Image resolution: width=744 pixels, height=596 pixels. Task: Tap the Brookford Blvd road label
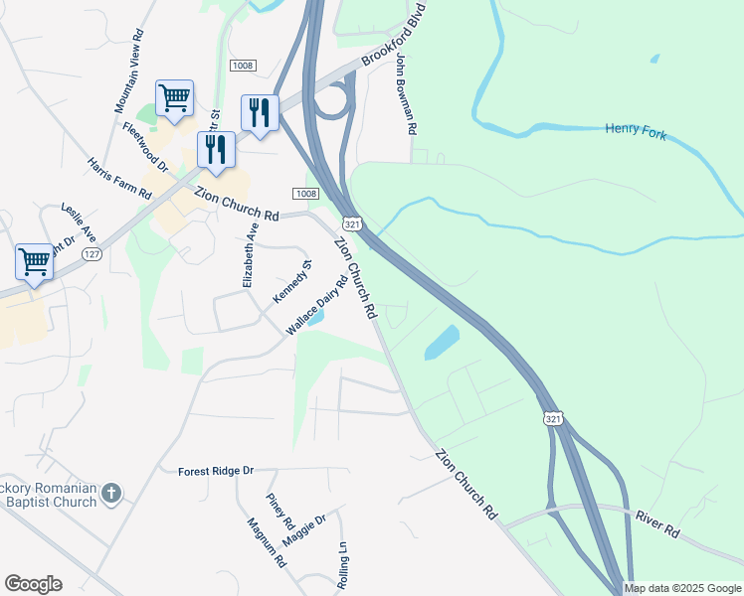393,37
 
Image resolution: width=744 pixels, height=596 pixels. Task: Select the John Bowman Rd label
403,96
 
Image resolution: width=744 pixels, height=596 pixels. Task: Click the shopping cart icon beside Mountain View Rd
174,98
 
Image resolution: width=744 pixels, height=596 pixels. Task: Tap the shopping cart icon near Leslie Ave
34,263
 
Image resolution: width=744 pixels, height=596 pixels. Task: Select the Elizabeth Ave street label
250,256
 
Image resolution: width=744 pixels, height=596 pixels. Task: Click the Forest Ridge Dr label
217,471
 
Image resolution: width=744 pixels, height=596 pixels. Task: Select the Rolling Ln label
342,566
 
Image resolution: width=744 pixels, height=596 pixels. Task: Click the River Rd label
657,525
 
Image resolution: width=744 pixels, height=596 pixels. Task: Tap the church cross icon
111,493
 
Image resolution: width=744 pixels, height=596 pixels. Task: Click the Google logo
33,584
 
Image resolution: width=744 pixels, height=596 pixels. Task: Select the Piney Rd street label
280,511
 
